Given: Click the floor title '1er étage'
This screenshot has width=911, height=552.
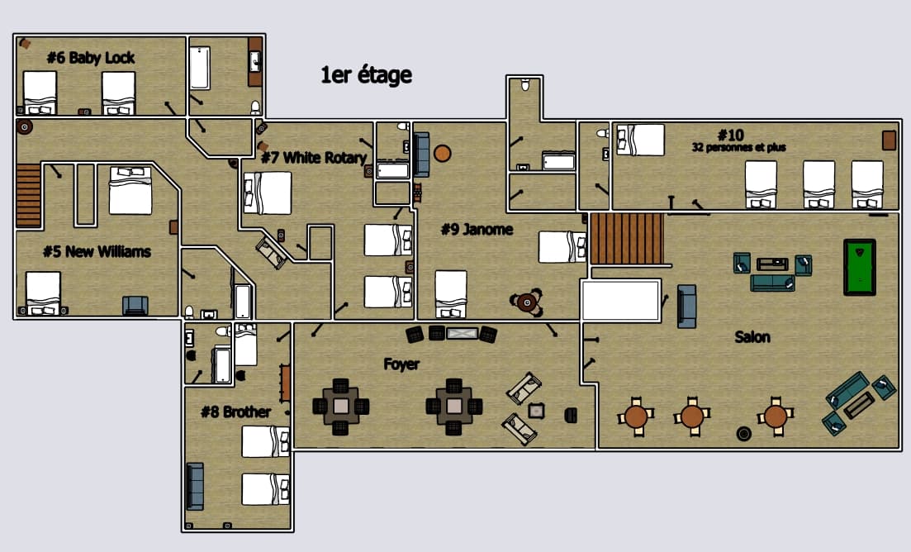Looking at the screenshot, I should [x=366, y=75].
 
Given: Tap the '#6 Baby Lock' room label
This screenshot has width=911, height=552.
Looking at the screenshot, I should [x=90, y=57].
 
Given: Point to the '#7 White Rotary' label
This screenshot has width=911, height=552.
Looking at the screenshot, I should [x=313, y=157].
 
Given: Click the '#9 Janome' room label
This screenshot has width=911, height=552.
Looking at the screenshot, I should [x=477, y=229].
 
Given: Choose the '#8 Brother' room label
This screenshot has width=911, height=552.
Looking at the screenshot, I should [x=235, y=411].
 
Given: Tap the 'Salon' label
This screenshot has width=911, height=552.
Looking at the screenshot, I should [x=752, y=336].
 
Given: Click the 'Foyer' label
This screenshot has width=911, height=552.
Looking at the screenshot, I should [x=401, y=364].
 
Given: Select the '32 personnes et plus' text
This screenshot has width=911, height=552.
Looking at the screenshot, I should [x=738, y=147].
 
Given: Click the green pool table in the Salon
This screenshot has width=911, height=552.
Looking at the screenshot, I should [x=859, y=266].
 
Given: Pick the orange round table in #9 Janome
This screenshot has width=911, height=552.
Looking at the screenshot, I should [x=442, y=153].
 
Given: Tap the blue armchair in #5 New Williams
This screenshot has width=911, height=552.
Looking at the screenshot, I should [x=135, y=305].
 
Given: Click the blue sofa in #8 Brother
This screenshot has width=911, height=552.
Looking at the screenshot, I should [x=195, y=485].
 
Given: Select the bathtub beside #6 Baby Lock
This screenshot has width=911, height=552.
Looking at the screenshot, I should [x=200, y=68].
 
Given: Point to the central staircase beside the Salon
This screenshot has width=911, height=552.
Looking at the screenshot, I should [x=627, y=238].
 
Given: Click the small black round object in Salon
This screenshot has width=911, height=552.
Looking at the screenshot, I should [x=743, y=433].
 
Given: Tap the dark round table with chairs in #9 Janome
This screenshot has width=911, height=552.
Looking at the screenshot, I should [x=526, y=303].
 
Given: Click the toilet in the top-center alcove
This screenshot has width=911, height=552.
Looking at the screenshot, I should [x=525, y=84].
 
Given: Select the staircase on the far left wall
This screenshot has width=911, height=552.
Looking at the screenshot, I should [x=27, y=194].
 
